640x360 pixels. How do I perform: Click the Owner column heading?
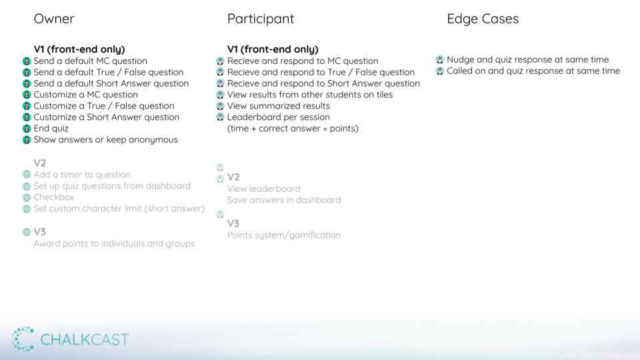pos(54,19)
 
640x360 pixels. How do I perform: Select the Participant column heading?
pos(261,19)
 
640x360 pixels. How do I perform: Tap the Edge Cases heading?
pos(483,19)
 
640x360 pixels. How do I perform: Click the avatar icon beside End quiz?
pos(27,129)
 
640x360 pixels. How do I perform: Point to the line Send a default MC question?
pos(90,61)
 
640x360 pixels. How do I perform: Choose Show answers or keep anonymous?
pos(106,139)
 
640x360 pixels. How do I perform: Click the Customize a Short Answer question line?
pos(107,117)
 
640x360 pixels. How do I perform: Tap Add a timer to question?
pos(82,175)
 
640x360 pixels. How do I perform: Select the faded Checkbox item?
pos(54,197)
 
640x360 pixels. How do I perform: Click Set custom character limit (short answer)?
pos(119,209)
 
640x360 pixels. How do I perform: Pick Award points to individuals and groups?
pos(114,244)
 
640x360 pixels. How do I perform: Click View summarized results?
pos(279,106)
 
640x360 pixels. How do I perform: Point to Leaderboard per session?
pos(279,117)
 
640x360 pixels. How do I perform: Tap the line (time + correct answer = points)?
pos(293,129)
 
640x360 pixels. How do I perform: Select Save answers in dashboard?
pos(284,200)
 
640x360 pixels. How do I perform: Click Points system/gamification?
pos(284,235)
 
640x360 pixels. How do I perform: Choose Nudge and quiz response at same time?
pos(528,59)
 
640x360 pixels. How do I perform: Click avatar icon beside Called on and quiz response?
pos(439,71)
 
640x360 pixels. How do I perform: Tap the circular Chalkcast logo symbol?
pos(23,339)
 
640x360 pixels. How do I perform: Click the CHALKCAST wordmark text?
pos(85,339)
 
